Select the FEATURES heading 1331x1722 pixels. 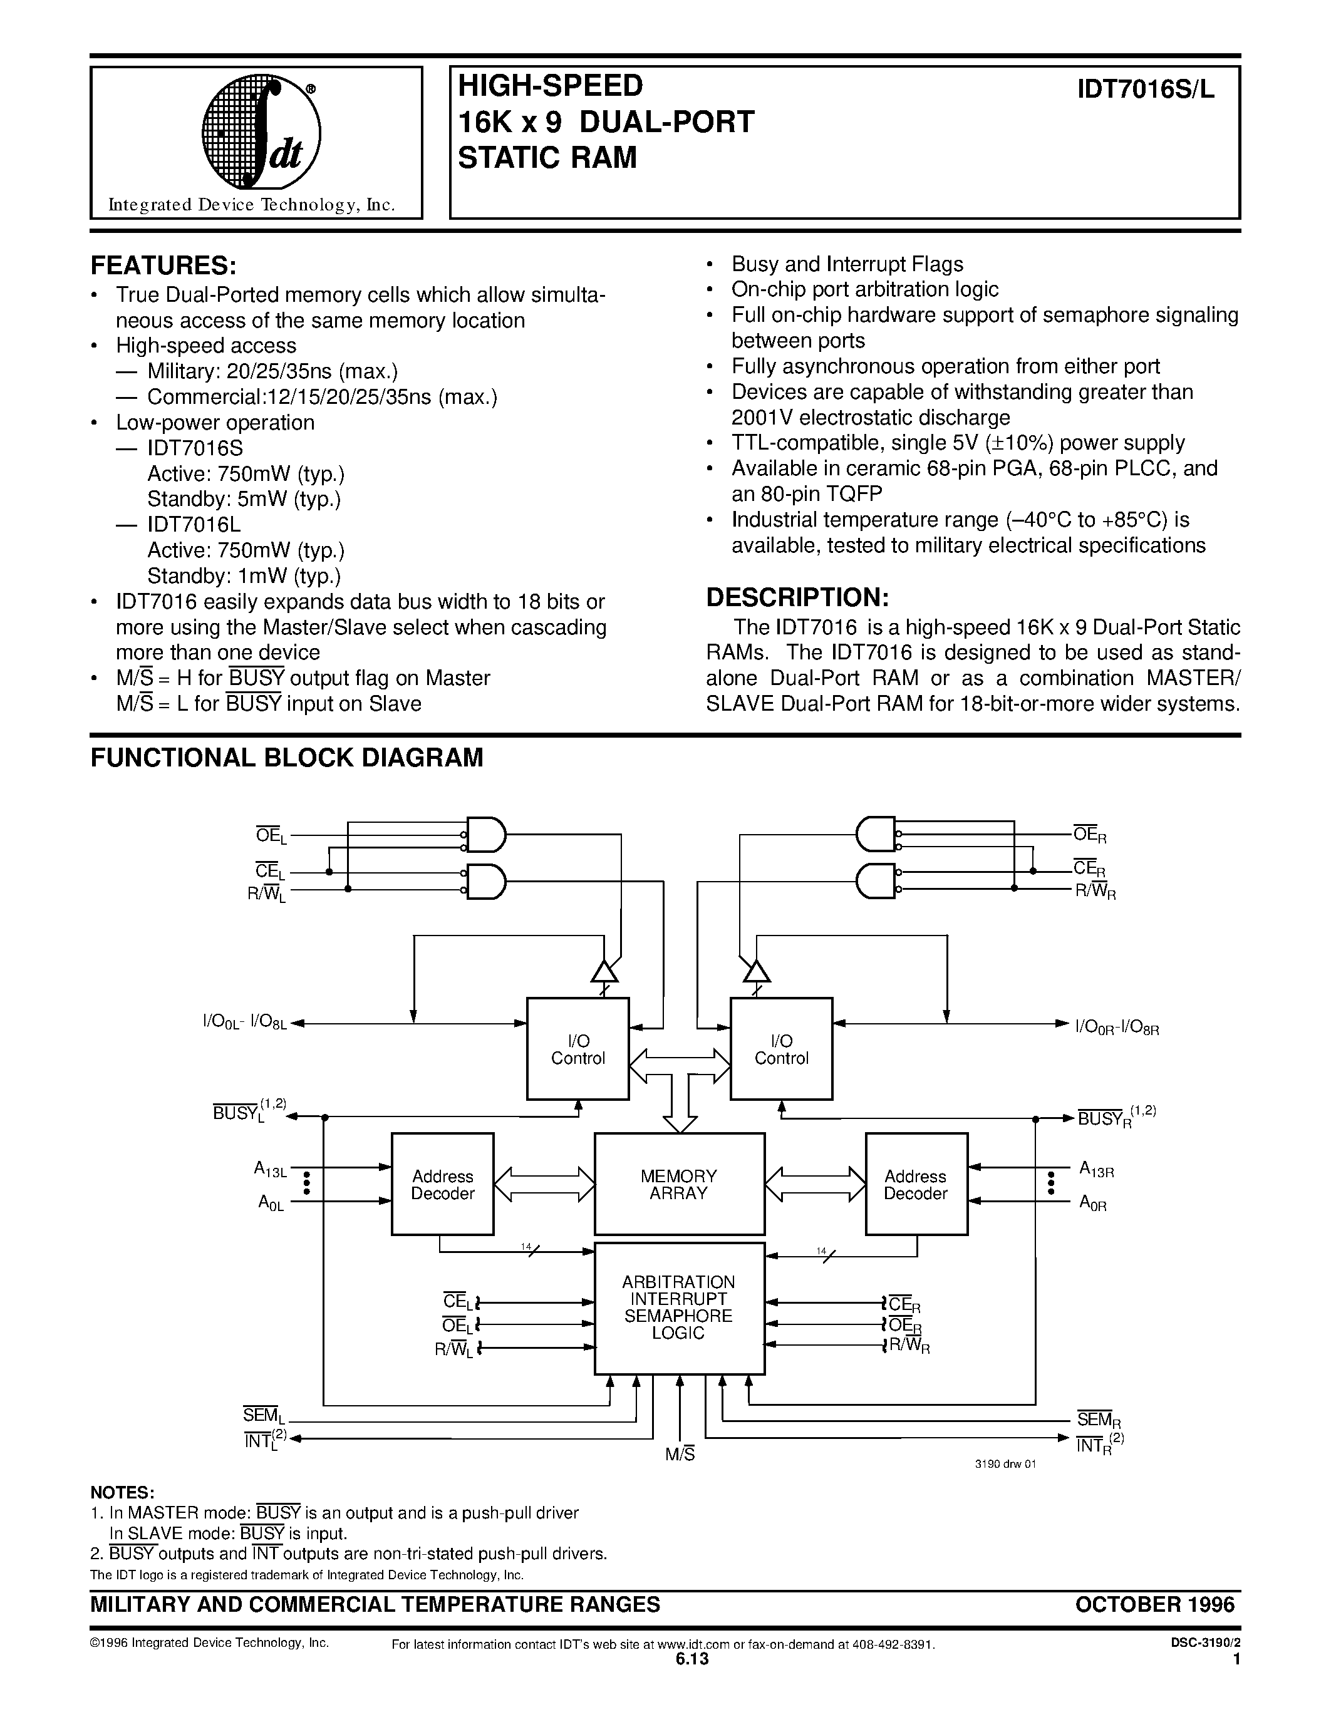pyautogui.click(x=164, y=265)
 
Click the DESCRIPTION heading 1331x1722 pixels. pyautogui.click(x=797, y=597)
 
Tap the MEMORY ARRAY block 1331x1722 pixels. pyautogui.click(x=678, y=1184)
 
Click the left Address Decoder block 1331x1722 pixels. pyautogui.click(x=442, y=1184)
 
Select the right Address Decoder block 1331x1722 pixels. pyautogui.click(x=916, y=1184)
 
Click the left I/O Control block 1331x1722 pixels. pyautogui.click(x=577, y=1049)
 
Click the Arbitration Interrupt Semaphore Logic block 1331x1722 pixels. pyautogui.click(x=678, y=1307)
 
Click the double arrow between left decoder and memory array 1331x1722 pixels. pyautogui.click(x=544, y=1184)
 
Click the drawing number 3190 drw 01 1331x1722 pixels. pyautogui.click(x=1005, y=1463)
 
